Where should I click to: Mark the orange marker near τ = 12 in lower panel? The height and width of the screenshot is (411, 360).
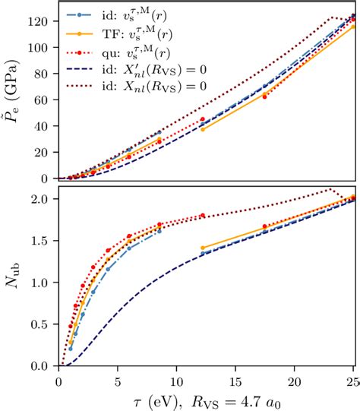tap(202, 248)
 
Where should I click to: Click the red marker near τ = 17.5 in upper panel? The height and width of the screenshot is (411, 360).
tap(264, 96)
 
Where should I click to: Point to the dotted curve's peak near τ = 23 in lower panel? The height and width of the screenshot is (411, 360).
tap(330, 189)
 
